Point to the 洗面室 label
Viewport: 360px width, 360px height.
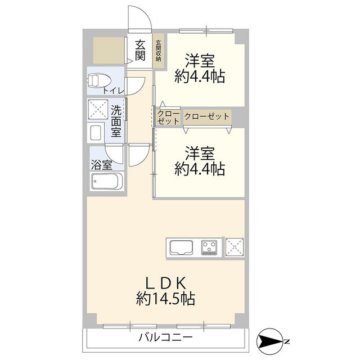click(116, 120)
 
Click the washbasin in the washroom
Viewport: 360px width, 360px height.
click(96, 133)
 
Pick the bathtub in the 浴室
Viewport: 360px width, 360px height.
click(106, 182)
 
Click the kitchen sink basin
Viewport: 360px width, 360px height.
click(182, 247)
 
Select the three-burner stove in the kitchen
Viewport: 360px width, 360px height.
click(210, 247)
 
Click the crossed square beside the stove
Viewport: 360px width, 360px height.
click(234, 247)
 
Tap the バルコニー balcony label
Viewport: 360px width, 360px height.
click(165, 337)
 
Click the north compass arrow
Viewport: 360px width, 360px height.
click(273, 341)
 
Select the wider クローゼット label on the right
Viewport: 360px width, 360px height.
click(206, 116)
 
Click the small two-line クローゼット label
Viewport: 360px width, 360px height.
click(169, 117)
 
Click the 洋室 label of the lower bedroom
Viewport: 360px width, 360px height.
click(200, 152)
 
